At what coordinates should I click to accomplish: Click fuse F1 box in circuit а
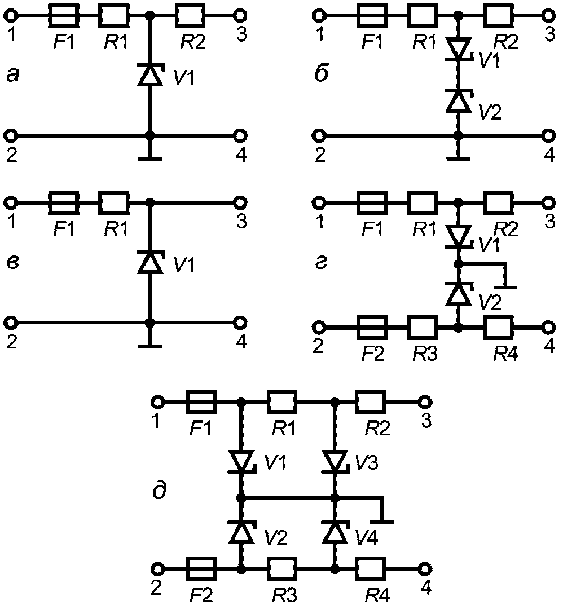pos(64,15)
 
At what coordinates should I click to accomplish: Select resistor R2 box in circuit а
pos(191,15)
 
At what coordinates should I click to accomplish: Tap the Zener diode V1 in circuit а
pos(151,73)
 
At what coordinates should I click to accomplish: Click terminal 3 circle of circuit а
pos(240,15)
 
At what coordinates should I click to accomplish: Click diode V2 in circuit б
pos(459,101)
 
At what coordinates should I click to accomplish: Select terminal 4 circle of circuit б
pos(548,136)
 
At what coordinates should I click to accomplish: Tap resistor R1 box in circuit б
pos(422,15)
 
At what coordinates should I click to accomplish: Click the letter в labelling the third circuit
pos(13,262)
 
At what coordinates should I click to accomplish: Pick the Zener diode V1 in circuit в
pos(151,261)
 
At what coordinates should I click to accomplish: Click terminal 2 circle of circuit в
pos(11,322)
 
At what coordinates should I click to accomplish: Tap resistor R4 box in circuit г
pos(499,327)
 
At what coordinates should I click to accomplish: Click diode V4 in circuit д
pos(336,532)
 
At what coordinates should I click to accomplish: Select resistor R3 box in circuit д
pos(282,569)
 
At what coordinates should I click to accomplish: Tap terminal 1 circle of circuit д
pos(157,402)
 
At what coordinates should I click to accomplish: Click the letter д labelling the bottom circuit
pos(159,491)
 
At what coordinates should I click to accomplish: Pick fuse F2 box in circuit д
pos(201,569)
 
